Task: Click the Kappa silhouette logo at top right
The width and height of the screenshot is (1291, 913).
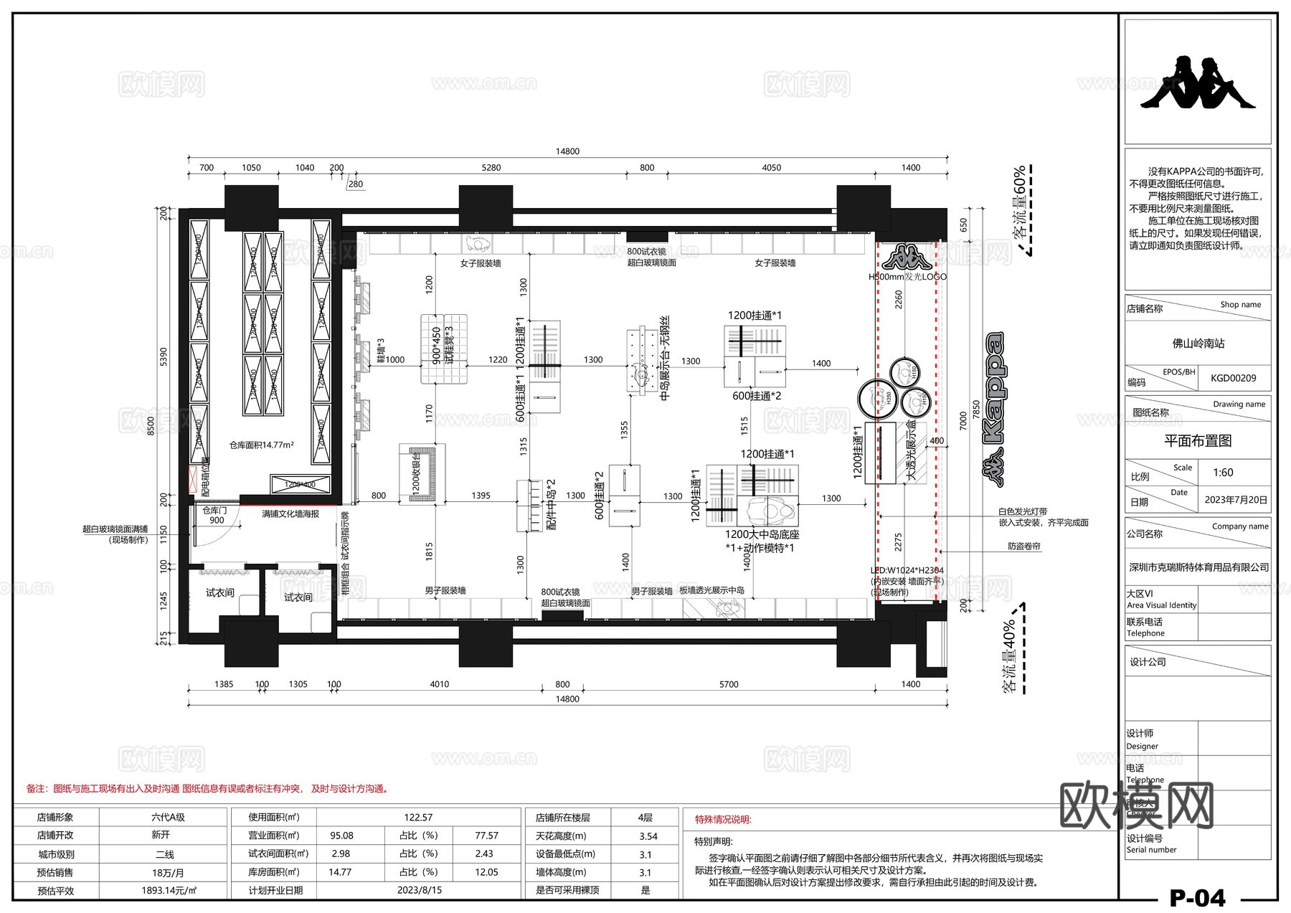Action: [1198, 82]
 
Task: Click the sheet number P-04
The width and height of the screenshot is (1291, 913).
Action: [1197, 897]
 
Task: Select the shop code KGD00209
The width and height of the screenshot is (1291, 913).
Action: [1233, 378]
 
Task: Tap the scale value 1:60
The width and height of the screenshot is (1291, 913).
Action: [1223, 473]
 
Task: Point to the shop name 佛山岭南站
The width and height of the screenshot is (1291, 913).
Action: [1198, 344]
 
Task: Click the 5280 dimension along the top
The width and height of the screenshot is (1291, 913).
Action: [491, 168]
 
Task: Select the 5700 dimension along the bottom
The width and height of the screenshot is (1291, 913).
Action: [729, 684]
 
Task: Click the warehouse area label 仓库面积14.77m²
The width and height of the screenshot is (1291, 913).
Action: [261, 445]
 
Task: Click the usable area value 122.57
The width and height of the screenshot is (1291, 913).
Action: [418, 818]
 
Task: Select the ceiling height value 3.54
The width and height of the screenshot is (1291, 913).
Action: [648, 836]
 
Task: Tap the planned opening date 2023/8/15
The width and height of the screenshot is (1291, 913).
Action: [420, 890]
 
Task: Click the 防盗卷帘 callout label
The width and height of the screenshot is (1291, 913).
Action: [1023, 547]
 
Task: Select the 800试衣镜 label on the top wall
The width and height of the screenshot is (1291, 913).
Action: [646, 252]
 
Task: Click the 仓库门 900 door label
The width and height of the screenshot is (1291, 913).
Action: [214, 515]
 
